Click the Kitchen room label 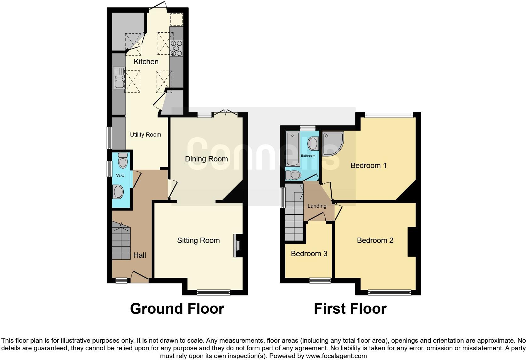(x=146, y=62)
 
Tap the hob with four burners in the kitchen (x=176, y=48)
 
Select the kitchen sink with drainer (x=119, y=78)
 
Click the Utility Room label (x=145, y=135)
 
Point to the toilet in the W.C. (x=123, y=160)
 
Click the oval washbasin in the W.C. (x=118, y=192)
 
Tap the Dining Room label (x=206, y=159)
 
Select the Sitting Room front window (x=214, y=292)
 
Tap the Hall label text (x=139, y=255)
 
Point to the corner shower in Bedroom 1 (x=332, y=143)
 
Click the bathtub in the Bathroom (x=293, y=149)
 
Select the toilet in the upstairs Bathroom (x=293, y=175)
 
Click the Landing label (x=317, y=206)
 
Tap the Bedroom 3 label (x=309, y=254)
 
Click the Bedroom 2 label (x=375, y=240)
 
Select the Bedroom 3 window (x=320, y=280)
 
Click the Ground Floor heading (x=177, y=309)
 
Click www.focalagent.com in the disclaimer (x=336, y=356)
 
